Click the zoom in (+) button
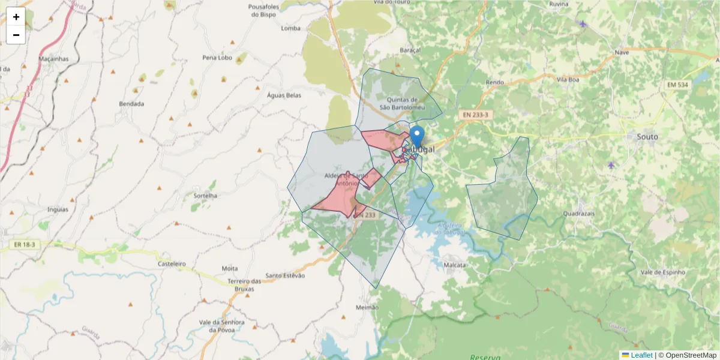(x=16, y=17)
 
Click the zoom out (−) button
(x=16, y=35)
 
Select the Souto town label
(x=647, y=137)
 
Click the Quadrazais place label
(x=579, y=213)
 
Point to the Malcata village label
(x=454, y=264)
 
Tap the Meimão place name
(x=367, y=307)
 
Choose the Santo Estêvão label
(x=285, y=275)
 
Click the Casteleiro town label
(x=172, y=264)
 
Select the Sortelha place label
(x=205, y=196)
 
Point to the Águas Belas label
(x=284, y=95)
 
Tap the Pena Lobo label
(x=217, y=58)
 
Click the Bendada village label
(x=131, y=104)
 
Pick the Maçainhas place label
(x=53, y=59)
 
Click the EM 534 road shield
(x=678, y=85)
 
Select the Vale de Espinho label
(x=662, y=272)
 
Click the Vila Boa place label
(x=568, y=79)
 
